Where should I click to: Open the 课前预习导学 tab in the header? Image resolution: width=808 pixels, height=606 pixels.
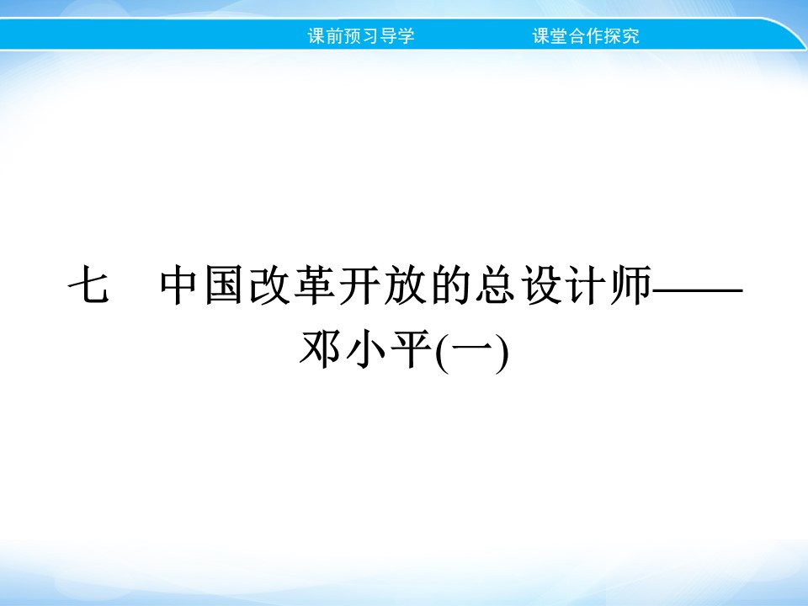[x=361, y=37]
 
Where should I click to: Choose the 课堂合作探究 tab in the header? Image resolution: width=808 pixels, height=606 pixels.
[x=586, y=37]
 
